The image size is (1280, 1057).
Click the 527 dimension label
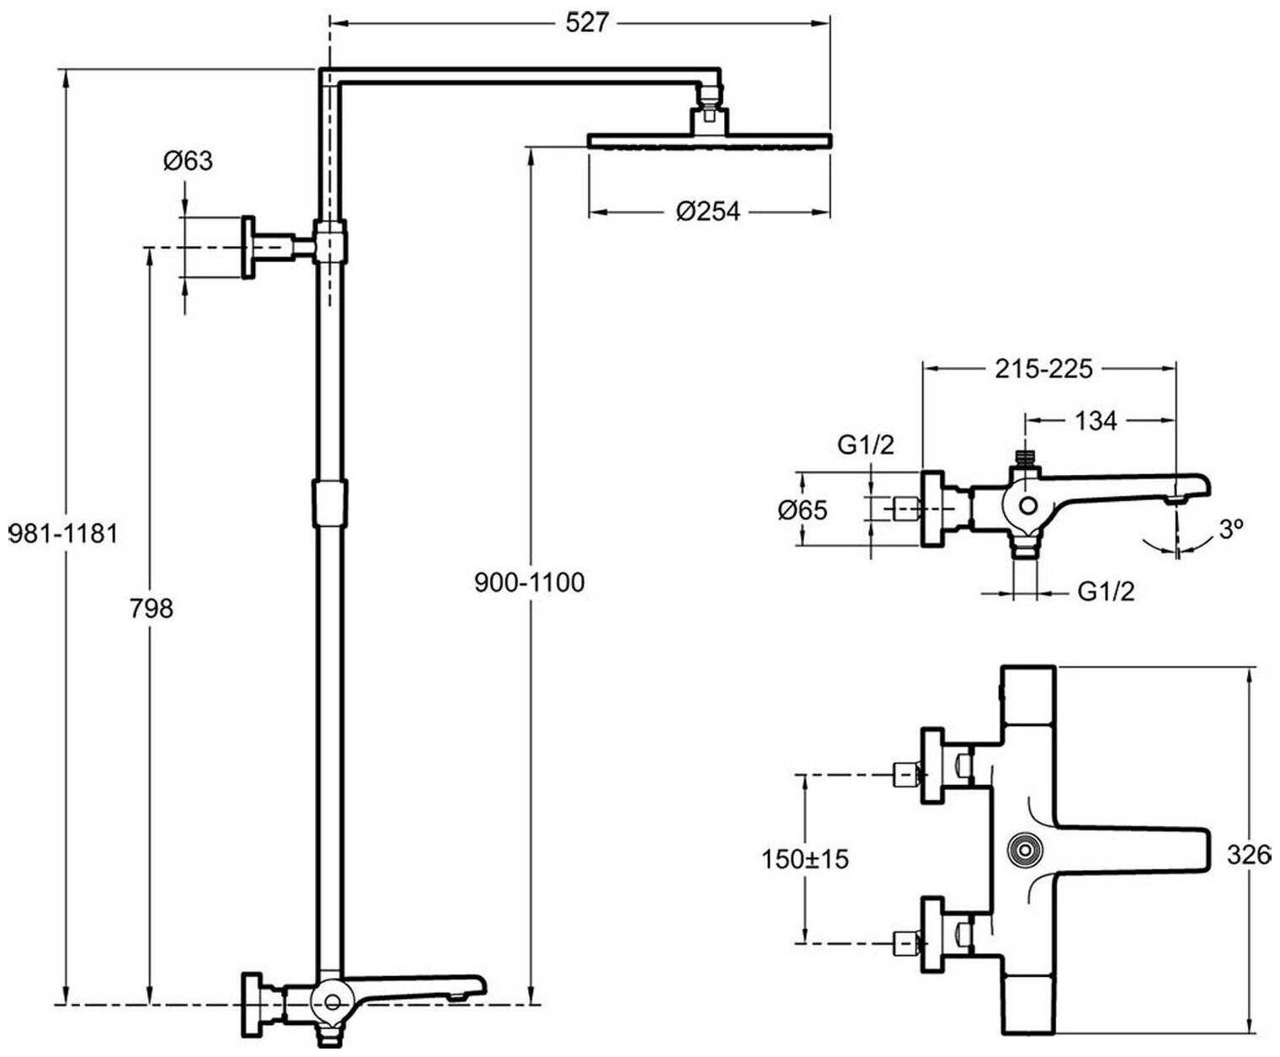[x=585, y=23]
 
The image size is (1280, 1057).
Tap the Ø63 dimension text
[x=188, y=160]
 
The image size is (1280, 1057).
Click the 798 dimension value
[x=152, y=607]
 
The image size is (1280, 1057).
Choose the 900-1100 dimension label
[x=529, y=582]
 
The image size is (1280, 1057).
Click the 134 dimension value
[x=1096, y=420]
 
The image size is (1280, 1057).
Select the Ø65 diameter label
[x=803, y=510]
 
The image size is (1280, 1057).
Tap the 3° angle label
[x=1230, y=528]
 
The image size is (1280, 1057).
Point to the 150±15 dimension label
[x=805, y=859]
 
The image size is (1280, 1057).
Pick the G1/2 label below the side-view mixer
[x=1107, y=591]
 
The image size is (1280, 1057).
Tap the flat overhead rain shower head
[x=709, y=140]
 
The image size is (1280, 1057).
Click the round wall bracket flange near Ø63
[x=249, y=247]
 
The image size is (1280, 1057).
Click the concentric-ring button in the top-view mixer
[x=1024, y=850]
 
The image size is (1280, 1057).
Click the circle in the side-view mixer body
[x=1028, y=506]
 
